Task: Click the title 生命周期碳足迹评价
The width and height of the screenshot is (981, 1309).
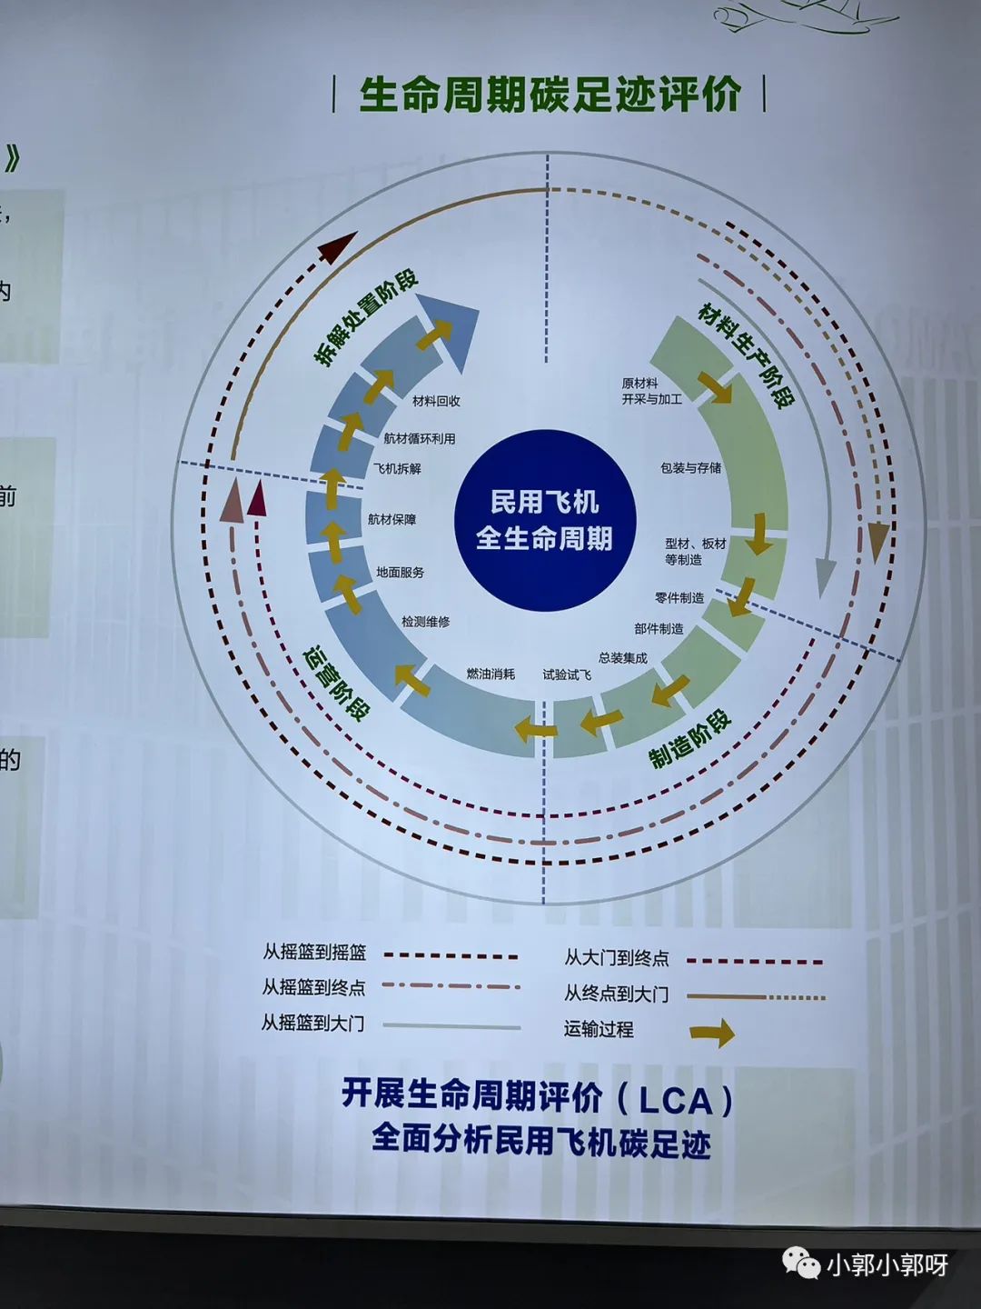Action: [550, 95]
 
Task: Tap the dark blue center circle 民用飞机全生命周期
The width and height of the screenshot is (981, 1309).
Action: [544, 520]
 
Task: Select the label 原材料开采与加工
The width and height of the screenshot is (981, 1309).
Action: [651, 392]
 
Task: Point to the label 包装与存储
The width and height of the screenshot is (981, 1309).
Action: [690, 468]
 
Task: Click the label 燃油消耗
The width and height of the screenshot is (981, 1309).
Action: [490, 674]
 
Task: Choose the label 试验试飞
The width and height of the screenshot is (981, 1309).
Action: [567, 674]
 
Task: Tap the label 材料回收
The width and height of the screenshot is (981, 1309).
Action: [436, 401]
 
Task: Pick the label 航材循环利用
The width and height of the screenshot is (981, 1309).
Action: [419, 438]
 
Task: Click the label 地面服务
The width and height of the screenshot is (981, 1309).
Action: [400, 573]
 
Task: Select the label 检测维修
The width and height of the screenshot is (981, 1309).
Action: [425, 622]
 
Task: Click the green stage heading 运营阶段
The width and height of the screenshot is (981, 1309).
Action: [336, 684]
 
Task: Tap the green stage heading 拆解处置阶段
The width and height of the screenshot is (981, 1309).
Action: [365, 318]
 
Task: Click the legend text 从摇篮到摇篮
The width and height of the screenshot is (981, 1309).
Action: [314, 953]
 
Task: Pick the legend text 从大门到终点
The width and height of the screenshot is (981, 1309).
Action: [617, 958]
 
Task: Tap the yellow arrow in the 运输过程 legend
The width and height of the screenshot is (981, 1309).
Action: [712, 1033]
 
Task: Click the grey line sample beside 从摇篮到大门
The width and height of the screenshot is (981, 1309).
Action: [451, 1026]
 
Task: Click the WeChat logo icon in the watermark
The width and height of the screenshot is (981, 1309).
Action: [801, 1263]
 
